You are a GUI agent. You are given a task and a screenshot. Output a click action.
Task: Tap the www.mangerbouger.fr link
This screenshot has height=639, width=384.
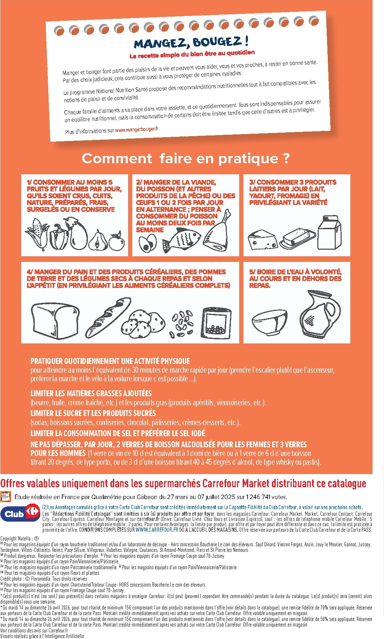click(136, 130)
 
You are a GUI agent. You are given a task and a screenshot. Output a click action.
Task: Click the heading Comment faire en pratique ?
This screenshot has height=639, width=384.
click(185, 159)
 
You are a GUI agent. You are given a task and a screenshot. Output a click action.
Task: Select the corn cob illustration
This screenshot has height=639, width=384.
click(37, 233)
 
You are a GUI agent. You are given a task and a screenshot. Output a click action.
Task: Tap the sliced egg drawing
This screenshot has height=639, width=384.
click(148, 243)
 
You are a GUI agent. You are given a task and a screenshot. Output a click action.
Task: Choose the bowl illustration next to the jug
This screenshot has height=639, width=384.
click(269, 322)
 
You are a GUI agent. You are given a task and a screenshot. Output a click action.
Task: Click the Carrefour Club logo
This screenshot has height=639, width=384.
click(20, 514)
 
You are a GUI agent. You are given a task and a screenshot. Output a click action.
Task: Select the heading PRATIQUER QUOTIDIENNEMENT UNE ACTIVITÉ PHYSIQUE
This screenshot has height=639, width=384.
click(110, 361)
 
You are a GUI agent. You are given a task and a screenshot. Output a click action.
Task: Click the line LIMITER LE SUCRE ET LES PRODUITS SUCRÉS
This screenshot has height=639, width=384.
click(93, 413)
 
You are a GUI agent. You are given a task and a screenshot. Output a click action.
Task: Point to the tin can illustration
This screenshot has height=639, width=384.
click(217, 323)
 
